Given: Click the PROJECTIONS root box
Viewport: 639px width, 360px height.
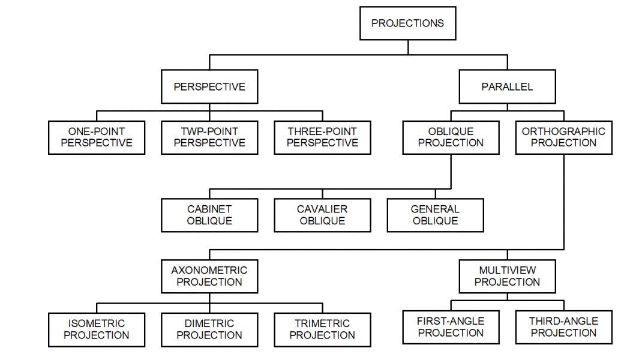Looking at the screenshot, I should click(x=407, y=23).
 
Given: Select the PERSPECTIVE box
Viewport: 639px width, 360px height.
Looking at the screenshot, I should click(x=209, y=87).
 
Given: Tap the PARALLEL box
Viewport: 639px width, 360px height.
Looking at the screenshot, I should click(x=507, y=87).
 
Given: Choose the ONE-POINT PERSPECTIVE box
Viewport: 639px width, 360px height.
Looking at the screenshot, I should click(x=97, y=137).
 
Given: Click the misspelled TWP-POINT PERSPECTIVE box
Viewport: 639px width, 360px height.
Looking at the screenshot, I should click(x=209, y=137).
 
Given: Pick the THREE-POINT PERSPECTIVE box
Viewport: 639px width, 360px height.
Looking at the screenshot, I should click(x=322, y=137).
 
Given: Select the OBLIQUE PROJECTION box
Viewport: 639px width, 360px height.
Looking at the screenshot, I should click(x=451, y=137).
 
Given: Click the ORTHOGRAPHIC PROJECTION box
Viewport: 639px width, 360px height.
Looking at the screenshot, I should click(x=563, y=137).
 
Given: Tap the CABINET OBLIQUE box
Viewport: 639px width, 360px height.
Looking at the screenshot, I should click(x=209, y=215).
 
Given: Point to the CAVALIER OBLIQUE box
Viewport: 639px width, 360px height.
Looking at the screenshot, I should click(x=322, y=215).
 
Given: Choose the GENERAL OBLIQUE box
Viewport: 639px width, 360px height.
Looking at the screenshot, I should click(x=435, y=215).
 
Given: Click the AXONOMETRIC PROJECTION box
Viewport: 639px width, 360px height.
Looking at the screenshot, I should click(x=209, y=276).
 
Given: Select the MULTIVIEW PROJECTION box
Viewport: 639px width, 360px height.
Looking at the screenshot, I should click(x=507, y=276).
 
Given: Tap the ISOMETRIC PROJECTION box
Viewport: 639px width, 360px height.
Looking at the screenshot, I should click(x=97, y=329).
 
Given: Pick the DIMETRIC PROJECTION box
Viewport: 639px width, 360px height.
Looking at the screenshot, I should click(x=209, y=329).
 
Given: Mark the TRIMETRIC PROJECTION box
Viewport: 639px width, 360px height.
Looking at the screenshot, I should click(x=322, y=329).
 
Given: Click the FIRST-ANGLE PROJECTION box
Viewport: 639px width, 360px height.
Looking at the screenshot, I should click(x=451, y=327).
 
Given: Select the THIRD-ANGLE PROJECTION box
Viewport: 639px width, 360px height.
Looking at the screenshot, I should click(x=563, y=327).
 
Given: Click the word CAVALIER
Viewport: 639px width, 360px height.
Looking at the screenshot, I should click(x=322, y=209).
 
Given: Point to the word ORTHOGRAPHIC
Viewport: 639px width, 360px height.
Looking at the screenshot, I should click(x=563, y=131).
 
